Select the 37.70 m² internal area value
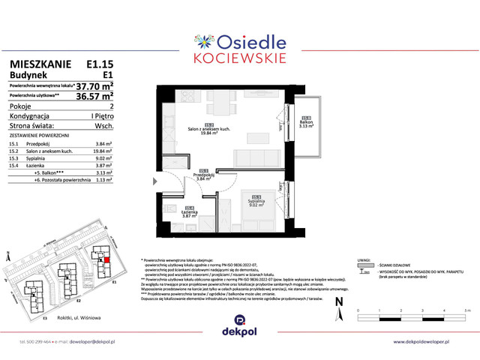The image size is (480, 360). (95, 85)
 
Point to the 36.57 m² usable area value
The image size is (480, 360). (95, 96)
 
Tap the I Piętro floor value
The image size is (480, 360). (101, 116)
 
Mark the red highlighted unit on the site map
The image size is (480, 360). (106, 259)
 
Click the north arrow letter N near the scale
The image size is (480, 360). (338, 301)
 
